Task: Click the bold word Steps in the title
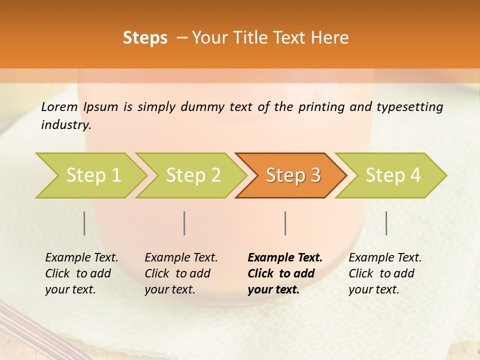point(145,38)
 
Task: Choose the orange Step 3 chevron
point(293,175)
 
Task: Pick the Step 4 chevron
point(393,175)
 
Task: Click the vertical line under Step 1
point(84,223)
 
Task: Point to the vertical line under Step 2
point(184,223)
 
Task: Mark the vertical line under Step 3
point(285,223)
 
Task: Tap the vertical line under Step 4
point(386,223)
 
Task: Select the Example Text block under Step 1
point(81,273)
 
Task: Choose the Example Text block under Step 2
point(181,273)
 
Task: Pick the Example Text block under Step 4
point(385,273)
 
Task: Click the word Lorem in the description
point(59,106)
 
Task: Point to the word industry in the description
point(66,124)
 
